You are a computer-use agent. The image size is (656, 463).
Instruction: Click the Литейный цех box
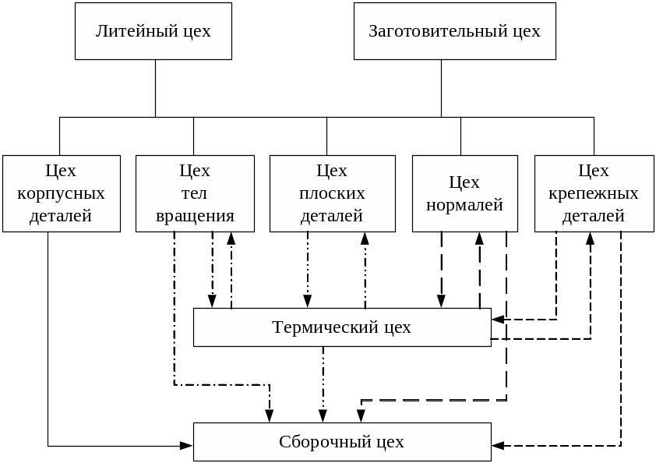point(153,31)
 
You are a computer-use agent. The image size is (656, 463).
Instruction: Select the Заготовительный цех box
point(454,31)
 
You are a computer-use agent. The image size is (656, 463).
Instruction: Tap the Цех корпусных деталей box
point(61,193)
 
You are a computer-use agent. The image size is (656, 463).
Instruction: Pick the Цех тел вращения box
point(195,193)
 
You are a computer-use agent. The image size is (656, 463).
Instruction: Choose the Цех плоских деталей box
point(332,193)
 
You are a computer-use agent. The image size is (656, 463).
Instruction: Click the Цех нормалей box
point(464,193)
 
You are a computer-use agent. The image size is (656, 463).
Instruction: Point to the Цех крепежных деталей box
point(594,193)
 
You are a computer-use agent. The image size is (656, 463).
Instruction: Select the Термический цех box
point(342,327)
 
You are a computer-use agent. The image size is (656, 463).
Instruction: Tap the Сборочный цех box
point(342,442)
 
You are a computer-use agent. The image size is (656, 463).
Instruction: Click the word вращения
point(195,216)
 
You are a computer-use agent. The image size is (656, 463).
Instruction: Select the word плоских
point(332,193)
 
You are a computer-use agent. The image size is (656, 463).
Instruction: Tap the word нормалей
point(464,205)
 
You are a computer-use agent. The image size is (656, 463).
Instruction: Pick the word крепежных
point(594,193)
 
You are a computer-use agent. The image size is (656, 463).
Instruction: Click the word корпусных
point(61,193)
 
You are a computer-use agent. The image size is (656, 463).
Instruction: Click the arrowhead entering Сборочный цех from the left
point(186,446)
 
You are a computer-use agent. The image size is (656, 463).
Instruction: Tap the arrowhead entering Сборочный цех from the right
point(499,446)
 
